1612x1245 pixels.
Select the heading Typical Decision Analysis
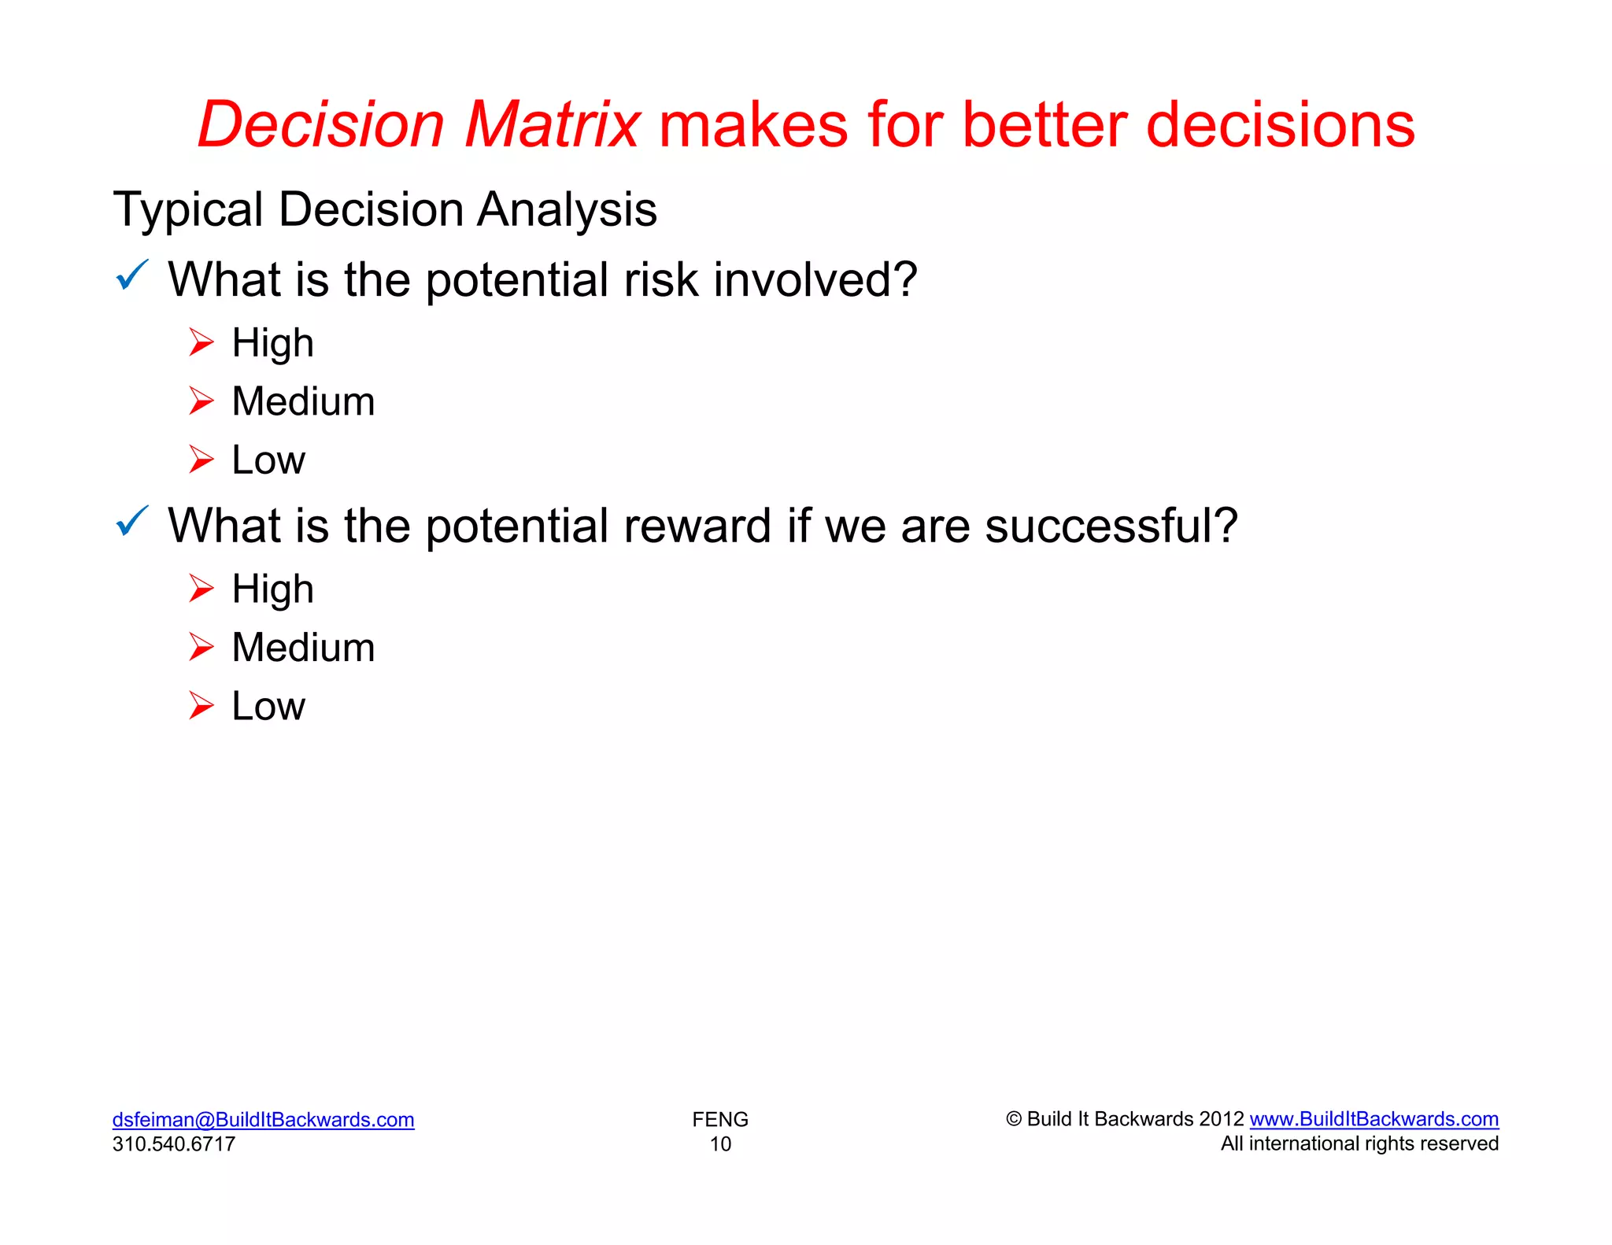click(385, 209)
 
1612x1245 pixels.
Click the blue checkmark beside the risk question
click(131, 275)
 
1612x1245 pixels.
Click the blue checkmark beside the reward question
click(131, 521)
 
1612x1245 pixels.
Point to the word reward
click(697, 526)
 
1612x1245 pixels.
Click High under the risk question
click(272, 343)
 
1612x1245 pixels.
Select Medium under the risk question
click(303, 401)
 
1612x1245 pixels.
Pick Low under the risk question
click(268, 460)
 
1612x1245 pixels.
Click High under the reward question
click(272, 589)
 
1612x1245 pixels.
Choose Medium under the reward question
click(303, 648)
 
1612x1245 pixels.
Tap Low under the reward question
click(268, 706)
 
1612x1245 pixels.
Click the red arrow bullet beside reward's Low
click(201, 706)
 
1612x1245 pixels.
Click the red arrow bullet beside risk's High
click(201, 342)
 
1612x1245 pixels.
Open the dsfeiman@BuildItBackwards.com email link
click(263, 1119)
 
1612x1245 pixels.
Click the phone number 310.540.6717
click(174, 1143)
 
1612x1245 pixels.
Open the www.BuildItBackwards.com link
click(1374, 1118)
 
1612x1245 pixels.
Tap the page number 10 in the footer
click(720, 1143)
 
